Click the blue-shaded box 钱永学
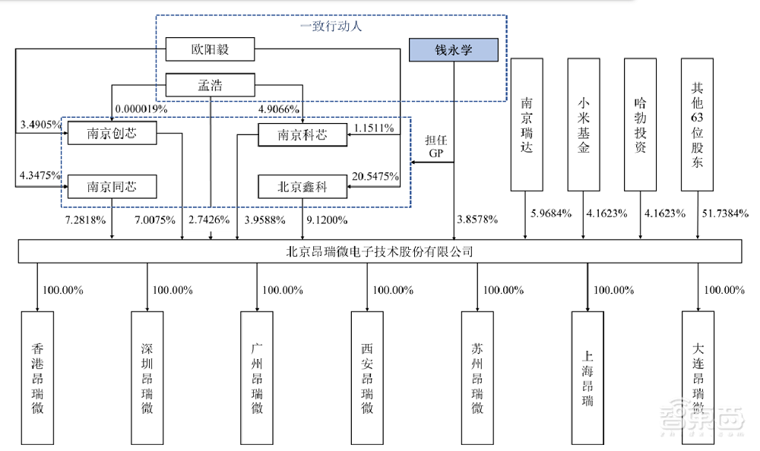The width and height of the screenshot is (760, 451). click(454, 50)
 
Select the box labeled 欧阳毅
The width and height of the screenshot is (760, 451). click(210, 50)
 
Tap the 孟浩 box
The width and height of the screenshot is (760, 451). click(210, 84)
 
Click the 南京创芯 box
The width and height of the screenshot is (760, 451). click(112, 134)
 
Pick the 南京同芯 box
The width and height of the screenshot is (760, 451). click(112, 185)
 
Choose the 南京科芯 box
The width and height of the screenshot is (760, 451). click(302, 135)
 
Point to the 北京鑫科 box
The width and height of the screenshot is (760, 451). click(302, 185)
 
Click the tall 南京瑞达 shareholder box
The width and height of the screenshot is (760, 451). click(527, 124)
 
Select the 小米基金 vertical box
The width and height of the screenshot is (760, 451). click(584, 124)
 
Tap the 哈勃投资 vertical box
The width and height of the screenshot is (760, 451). click(640, 124)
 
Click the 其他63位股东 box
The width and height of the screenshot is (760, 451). click(698, 124)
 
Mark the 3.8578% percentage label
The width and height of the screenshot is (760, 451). click(477, 219)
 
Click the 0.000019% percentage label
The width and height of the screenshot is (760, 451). click(141, 109)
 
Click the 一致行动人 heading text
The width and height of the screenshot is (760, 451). click(331, 26)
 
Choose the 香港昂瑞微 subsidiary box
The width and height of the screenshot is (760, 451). click(37, 377)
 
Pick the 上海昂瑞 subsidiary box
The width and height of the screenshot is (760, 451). click(587, 377)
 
